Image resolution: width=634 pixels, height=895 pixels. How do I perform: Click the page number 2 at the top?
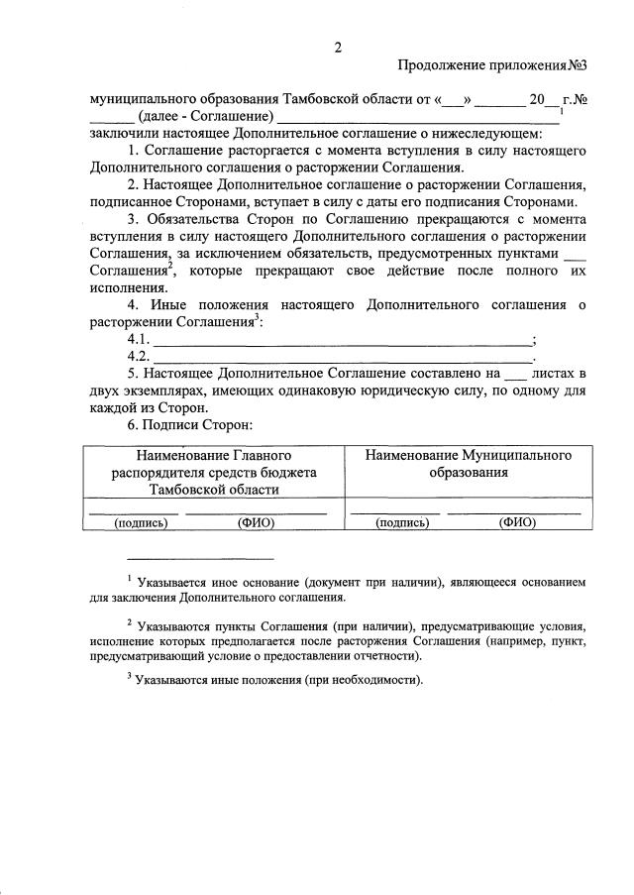click(x=338, y=46)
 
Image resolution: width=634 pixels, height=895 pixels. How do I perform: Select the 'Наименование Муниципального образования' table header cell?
click(x=469, y=464)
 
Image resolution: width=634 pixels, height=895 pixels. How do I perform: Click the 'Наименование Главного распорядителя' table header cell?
click(x=214, y=472)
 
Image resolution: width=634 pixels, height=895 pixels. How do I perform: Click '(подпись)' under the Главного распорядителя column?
click(x=142, y=522)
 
